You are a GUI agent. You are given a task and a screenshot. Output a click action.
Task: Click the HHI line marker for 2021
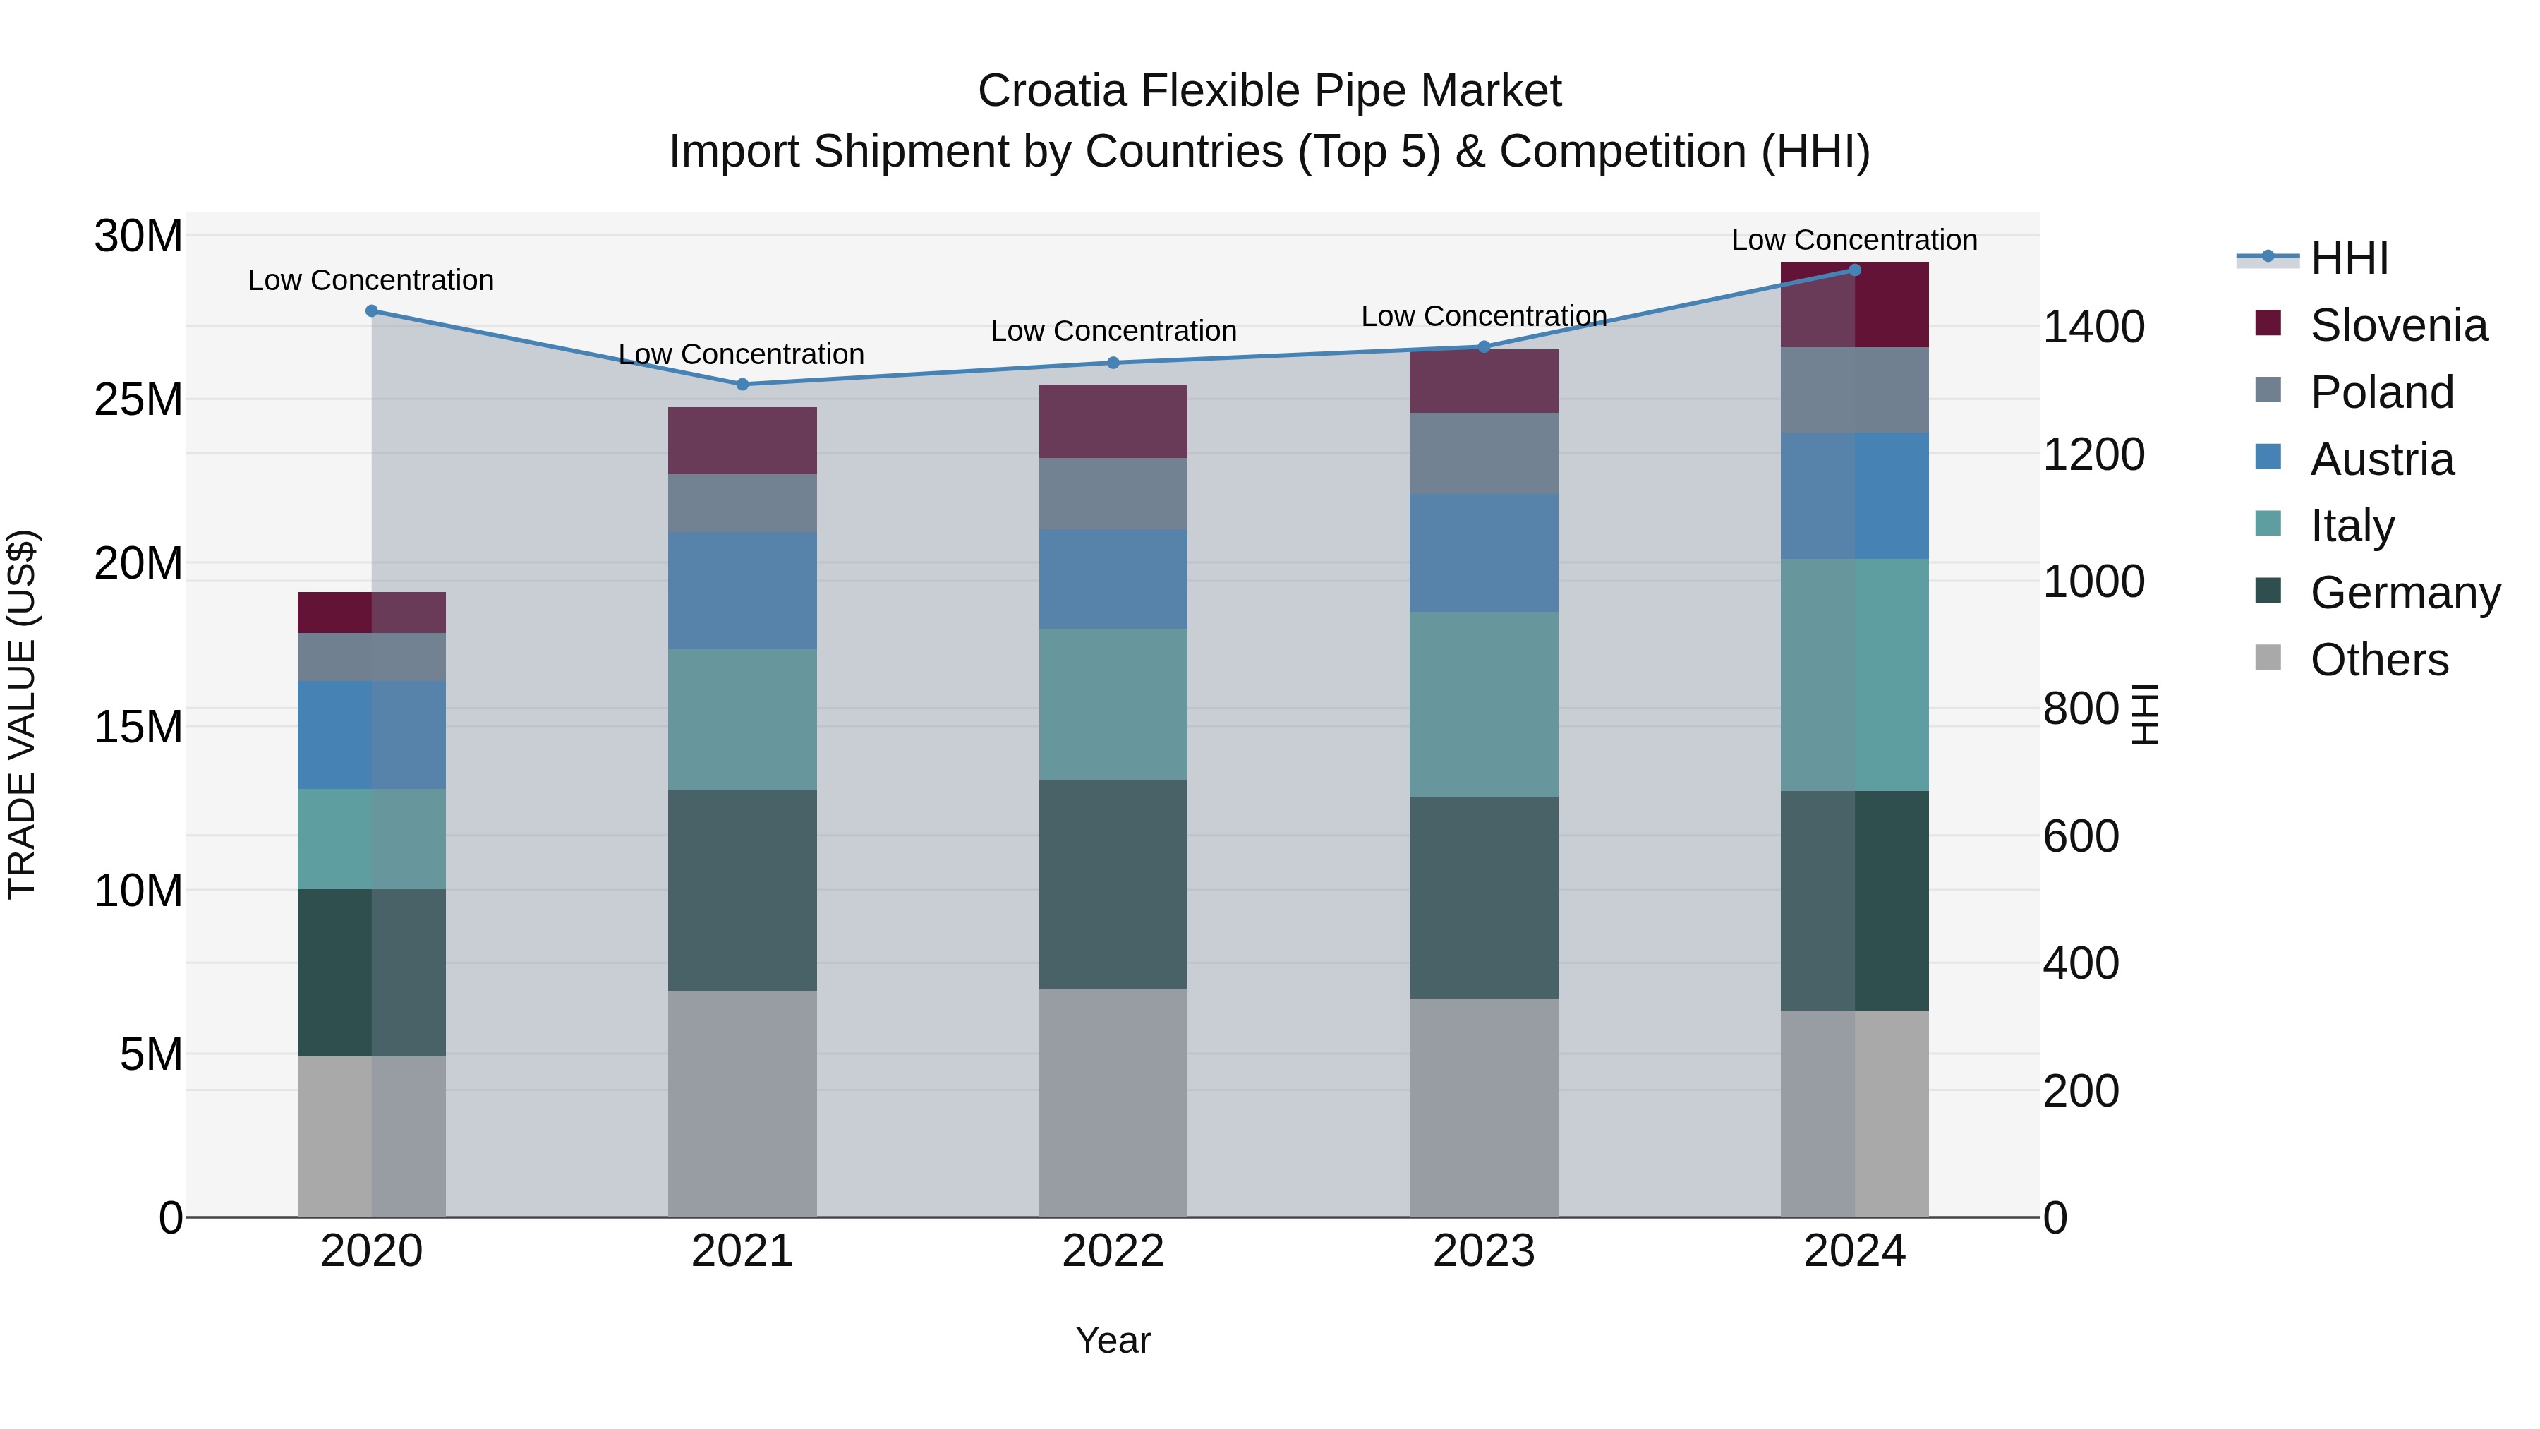(742, 384)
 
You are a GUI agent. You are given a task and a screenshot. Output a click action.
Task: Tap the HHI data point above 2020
(372, 310)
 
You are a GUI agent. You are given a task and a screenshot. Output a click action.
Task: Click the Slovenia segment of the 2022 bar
(1113, 421)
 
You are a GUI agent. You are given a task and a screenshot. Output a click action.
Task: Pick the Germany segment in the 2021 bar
(742, 890)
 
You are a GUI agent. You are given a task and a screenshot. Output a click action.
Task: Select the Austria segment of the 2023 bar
(1483, 553)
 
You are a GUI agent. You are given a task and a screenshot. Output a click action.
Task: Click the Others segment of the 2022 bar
(1113, 1102)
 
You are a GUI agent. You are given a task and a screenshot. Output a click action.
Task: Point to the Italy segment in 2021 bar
(742, 719)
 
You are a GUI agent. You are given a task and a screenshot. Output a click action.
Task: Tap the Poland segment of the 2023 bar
(1483, 454)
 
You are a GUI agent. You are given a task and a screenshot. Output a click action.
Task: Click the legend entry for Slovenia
(2398, 325)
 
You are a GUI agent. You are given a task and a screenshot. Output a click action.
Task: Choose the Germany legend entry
(2404, 593)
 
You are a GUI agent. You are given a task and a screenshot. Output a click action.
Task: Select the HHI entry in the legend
(2349, 258)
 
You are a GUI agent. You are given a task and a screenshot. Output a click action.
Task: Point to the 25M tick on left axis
(138, 399)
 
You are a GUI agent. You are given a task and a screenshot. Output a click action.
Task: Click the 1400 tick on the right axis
(2093, 327)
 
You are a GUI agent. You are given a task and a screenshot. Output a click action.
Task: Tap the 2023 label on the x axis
(1483, 1250)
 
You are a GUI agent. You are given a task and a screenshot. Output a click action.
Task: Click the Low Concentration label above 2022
(1113, 330)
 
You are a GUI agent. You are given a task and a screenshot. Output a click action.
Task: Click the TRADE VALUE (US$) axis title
(22, 714)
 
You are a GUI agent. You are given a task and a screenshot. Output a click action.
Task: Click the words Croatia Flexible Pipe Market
(1269, 91)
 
